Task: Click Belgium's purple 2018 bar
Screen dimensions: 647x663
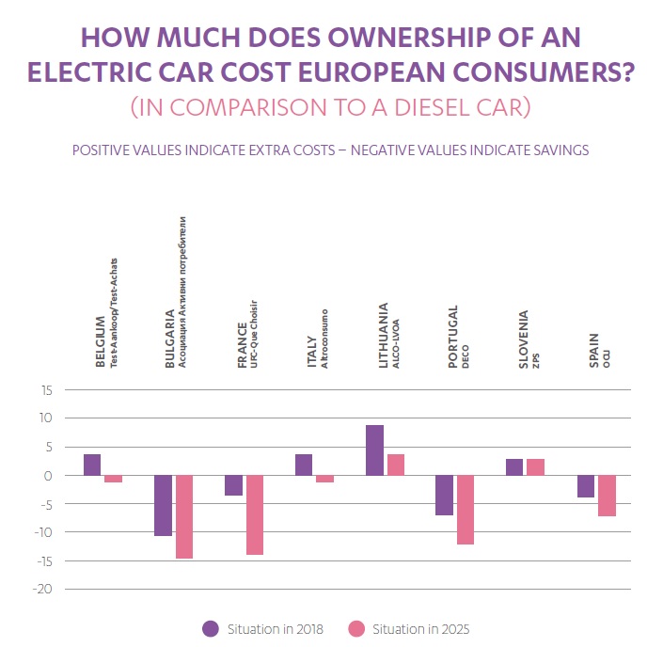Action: point(92,465)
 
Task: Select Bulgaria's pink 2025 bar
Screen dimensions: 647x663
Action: point(184,516)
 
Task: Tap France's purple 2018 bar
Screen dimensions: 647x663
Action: point(233,485)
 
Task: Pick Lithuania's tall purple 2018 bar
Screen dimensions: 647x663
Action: point(374,450)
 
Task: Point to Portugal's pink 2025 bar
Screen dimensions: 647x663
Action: point(466,510)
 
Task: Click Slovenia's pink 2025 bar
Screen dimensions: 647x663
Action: point(535,466)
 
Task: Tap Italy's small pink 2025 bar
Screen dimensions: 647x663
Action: point(324,479)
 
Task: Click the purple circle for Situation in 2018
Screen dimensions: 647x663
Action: point(211,628)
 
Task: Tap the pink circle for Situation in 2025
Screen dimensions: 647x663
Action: point(355,628)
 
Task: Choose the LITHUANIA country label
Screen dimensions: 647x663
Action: point(384,333)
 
